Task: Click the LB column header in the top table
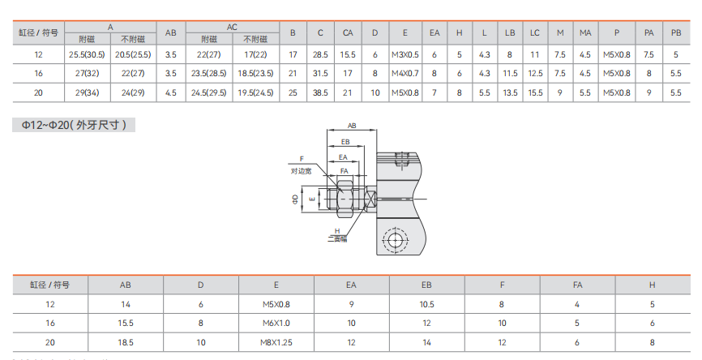click(510, 32)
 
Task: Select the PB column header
click(676, 32)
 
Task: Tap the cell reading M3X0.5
click(405, 54)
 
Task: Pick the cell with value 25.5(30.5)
click(87, 54)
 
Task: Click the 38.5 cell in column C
click(320, 92)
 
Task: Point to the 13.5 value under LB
click(510, 92)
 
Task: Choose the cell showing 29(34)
click(87, 92)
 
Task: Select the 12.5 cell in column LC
click(535, 74)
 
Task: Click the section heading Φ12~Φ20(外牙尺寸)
click(74, 125)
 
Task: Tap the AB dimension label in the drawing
click(352, 126)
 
